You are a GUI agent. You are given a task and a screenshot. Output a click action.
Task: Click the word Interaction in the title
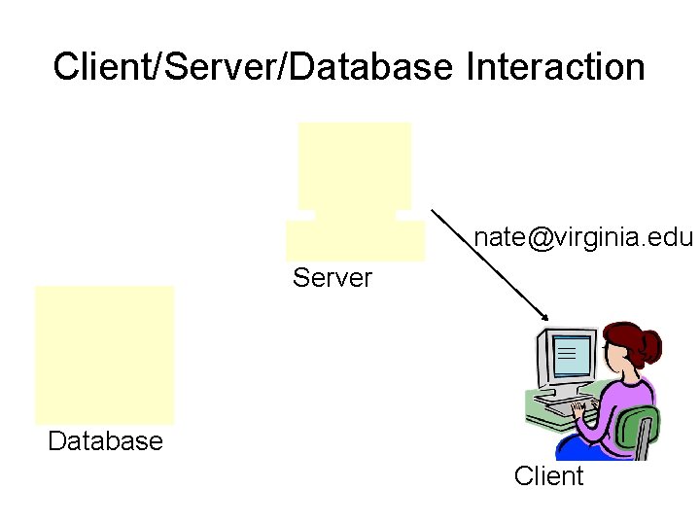(x=555, y=66)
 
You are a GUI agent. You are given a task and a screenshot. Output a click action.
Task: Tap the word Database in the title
(x=371, y=66)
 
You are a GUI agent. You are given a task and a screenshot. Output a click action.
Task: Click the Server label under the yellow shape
(x=332, y=278)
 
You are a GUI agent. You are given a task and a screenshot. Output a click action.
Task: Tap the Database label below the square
(x=105, y=441)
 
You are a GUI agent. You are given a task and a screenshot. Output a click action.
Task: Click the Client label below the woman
(x=548, y=475)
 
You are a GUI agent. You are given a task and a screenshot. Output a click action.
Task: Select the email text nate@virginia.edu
(x=583, y=237)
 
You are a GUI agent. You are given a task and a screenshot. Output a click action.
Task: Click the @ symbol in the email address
(x=541, y=238)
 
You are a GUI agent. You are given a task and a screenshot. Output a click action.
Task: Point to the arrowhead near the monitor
(x=545, y=317)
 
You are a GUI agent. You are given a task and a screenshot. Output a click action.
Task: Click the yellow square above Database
(x=104, y=355)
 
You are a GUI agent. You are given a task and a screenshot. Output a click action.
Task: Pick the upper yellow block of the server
(x=355, y=166)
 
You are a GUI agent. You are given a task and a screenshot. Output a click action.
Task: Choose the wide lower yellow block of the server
(x=356, y=240)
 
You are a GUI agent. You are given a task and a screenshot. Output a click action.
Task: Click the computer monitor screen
(x=572, y=355)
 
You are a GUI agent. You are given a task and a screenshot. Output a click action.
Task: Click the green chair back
(x=638, y=430)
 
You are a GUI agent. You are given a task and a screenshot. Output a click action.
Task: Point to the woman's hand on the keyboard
(x=579, y=409)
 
